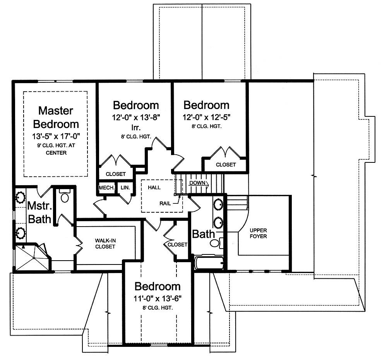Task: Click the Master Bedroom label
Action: click(56, 118)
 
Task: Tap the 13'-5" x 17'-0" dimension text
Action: click(56, 136)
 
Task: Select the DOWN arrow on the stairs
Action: click(199, 183)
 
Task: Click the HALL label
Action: click(154, 188)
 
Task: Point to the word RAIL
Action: click(165, 203)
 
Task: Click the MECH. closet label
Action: click(107, 188)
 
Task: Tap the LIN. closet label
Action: click(125, 188)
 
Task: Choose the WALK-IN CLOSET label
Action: click(105, 243)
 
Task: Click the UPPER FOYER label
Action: click(258, 233)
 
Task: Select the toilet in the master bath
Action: click(65, 195)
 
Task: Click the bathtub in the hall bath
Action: click(209, 263)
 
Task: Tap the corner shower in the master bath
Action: click(32, 258)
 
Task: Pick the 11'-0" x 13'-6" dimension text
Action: click(158, 299)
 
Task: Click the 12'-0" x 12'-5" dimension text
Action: click(206, 117)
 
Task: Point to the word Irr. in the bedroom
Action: click(136, 128)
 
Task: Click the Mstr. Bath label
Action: click(39, 212)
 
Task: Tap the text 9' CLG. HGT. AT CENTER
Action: click(56, 149)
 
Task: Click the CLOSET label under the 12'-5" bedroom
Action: click(226, 164)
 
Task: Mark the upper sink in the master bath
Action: click(20, 197)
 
